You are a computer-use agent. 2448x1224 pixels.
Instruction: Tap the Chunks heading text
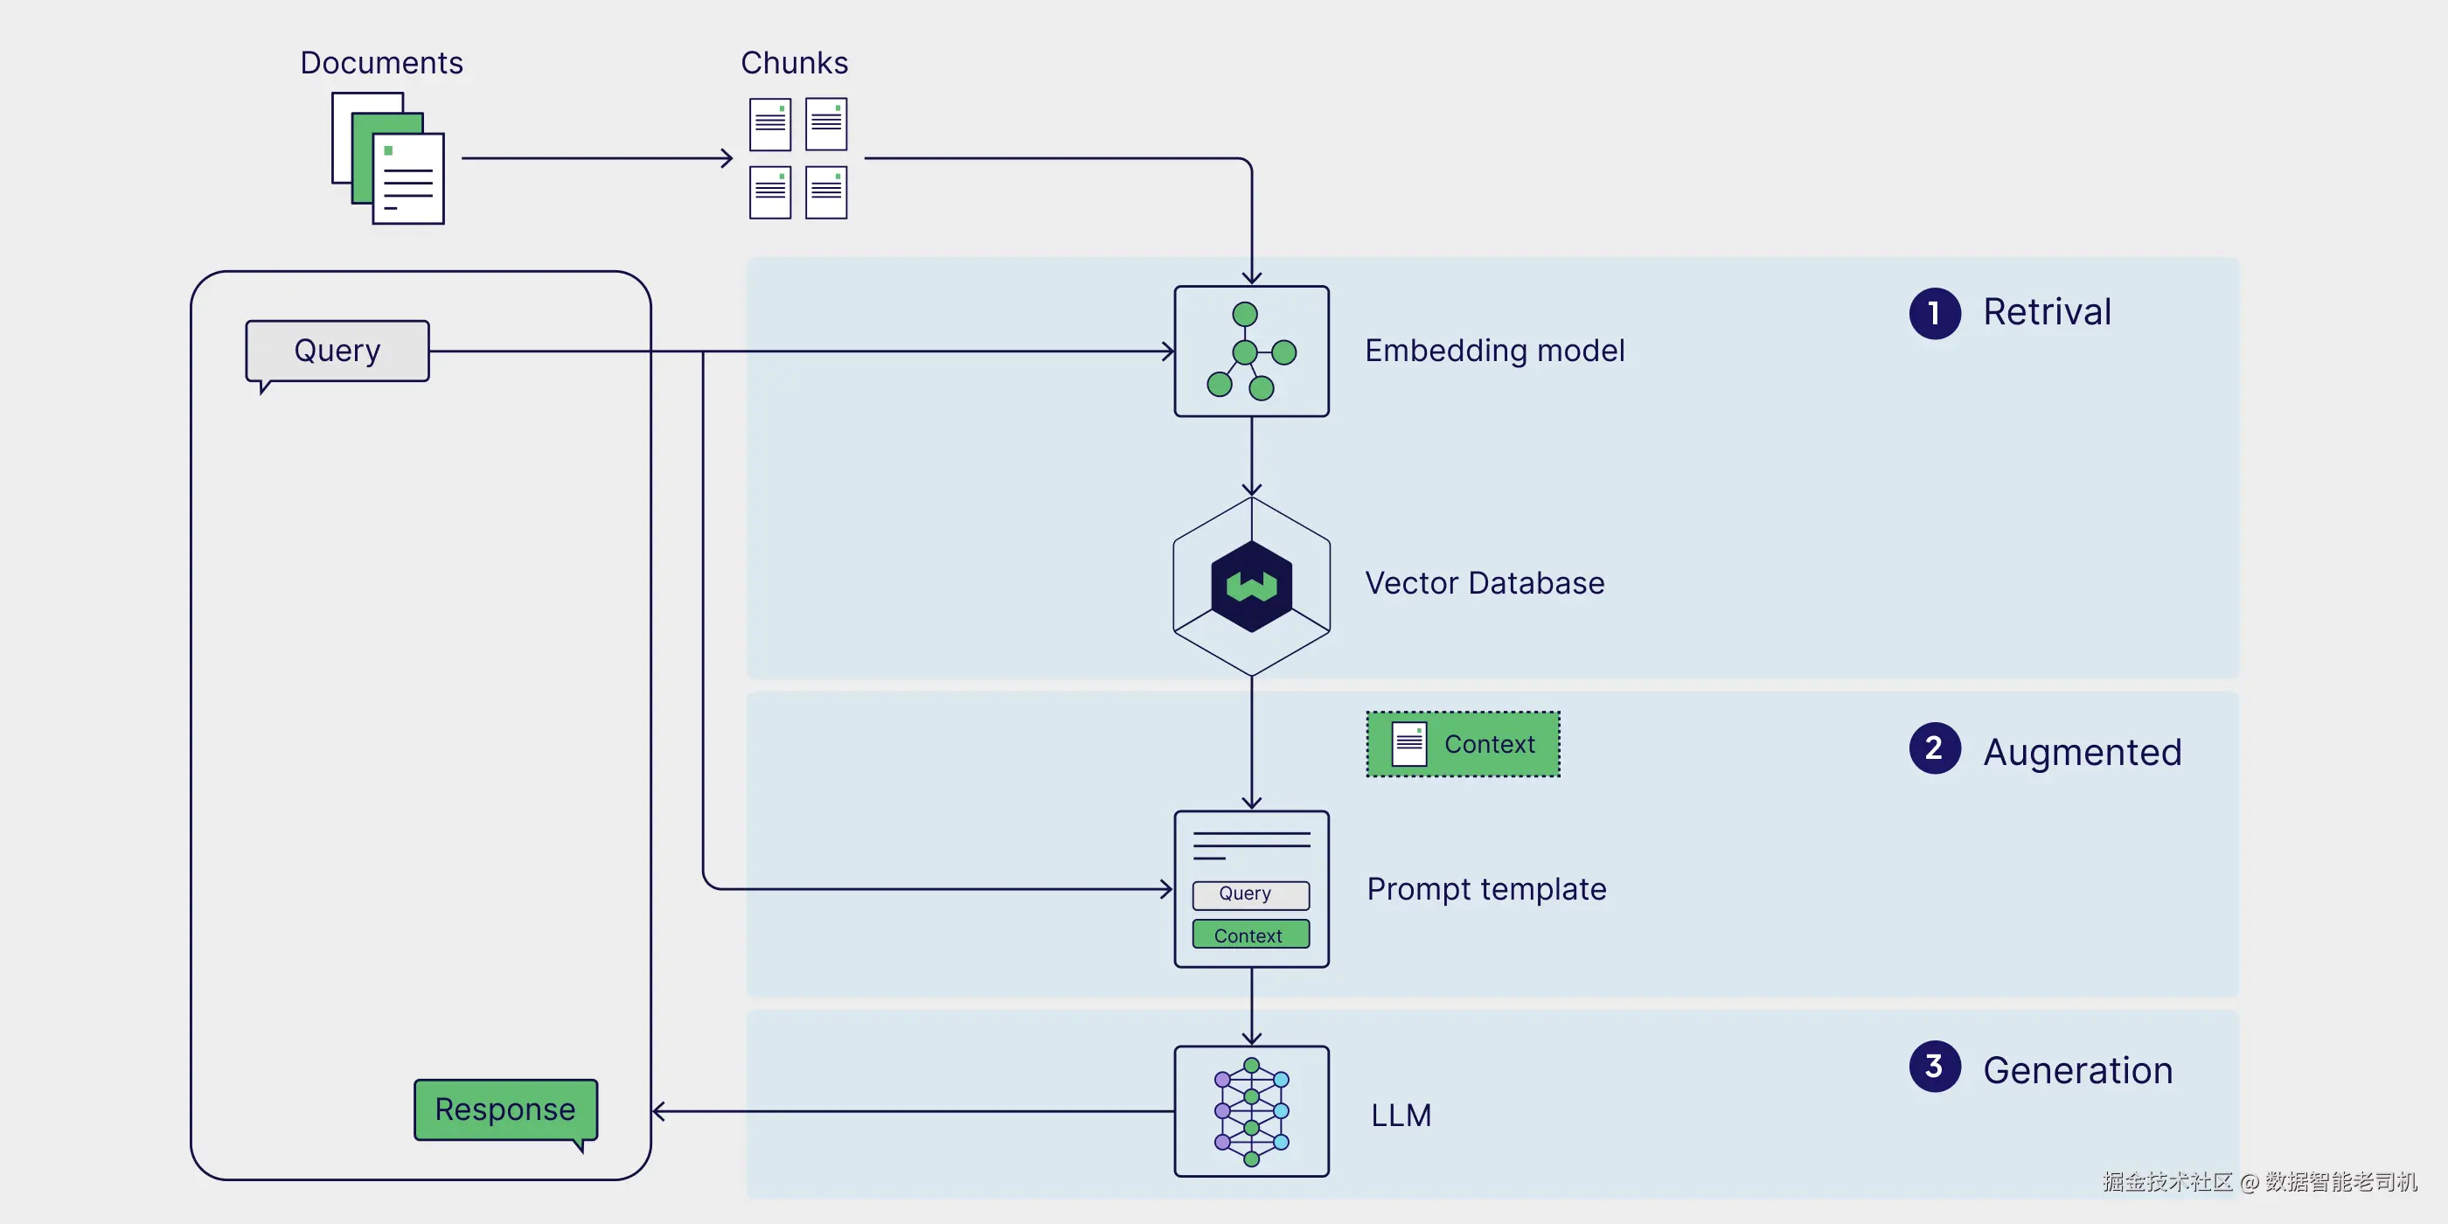pos(795,63)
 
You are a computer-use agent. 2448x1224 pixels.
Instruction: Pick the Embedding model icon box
pos(1252,351)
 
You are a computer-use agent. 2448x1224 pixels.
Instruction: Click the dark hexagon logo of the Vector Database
pos(1252,587)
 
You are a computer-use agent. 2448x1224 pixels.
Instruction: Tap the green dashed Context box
pos(1463,744)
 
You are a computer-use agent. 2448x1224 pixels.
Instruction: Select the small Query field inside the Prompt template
pos(1250,894)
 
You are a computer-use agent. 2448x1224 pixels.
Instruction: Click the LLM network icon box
pos(1252,1111)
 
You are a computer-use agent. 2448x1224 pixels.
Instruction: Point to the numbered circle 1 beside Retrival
pos(1935,313)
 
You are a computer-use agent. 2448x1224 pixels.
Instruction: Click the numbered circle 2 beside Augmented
pos(1935,748)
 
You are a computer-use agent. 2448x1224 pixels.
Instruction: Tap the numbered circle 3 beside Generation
pos(1935,1067)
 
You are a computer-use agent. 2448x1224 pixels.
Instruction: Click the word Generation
pos(2077,1071)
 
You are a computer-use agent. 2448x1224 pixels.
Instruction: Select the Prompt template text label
pos(1486,890)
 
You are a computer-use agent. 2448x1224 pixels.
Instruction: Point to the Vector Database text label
pos(1485,582)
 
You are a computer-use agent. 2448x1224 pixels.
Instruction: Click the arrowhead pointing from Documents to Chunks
pos(727,157)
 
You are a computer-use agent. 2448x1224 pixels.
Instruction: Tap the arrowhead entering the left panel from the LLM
pos(658,1111)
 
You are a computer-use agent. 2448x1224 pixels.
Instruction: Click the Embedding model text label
pos(1495,351)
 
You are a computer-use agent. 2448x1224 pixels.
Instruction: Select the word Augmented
pos(2083,753)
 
